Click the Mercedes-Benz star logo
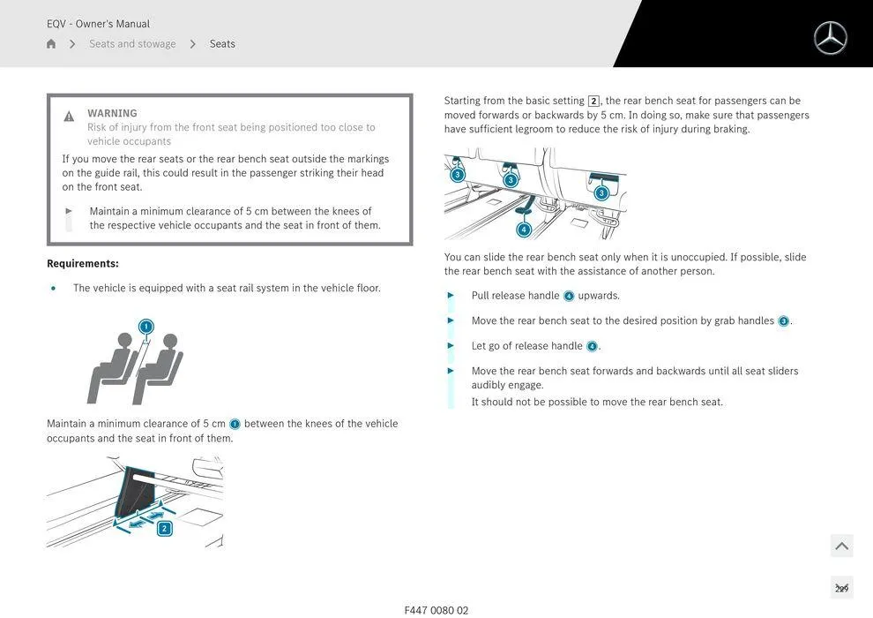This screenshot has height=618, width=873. pos(830,38)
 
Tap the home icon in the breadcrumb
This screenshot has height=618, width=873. pos(51,44)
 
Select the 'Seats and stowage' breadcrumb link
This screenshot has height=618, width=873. pos(132,44)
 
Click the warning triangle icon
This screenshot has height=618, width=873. pos(69,117)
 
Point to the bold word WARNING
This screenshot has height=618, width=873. pos(112,113)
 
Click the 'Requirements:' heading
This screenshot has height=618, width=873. pos(83,263)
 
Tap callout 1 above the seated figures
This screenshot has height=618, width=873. pos(146,327)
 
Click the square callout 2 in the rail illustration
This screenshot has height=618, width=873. pos(164,529)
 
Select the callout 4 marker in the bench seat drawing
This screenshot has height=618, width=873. pos(524,230)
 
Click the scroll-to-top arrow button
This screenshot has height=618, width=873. pos(841,546)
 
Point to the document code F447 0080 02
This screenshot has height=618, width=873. pos(436,610)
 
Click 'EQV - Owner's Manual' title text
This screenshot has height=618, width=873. pos(98,24)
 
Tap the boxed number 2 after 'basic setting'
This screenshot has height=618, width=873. pos(593,102)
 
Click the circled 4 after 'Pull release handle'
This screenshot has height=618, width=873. pos(569,296)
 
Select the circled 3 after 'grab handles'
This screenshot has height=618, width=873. pos(783,321)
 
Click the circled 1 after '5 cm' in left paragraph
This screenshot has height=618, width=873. pos(235,425)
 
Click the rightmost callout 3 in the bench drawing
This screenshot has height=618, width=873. pos(601,192)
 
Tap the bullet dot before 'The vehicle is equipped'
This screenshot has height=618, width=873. pos(54,289)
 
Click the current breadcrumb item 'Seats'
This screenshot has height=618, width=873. pos(222,44)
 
